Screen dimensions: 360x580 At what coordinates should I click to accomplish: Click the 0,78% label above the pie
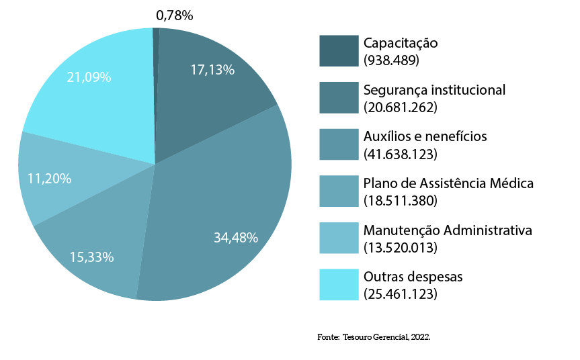pyautogui.click(x=174, y=15)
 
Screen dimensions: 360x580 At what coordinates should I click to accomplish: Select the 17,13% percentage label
pyautogui.click(x=212, y=69)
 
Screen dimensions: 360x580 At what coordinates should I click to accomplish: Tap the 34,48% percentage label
pyautogui.click(x=236, y=237)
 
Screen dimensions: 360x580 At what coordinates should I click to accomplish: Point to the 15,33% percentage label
pyautogui.click(x=91, y=257)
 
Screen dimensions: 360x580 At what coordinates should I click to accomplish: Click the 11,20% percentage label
pyautogui.click(x=49, y=179)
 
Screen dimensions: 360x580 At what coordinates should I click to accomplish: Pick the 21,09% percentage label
pyautogui.click(x=89, y=77)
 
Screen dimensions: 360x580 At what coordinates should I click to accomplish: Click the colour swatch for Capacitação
pyautogui.click(x=339, y=51)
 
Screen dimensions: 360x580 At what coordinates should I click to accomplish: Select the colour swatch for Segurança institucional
pyautogui.click(x=339, y=98)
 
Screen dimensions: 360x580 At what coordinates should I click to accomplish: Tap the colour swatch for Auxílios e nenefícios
pyautogui.click(x=339, y=144)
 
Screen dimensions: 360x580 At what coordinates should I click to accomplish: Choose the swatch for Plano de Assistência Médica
pyautogui.click(x=339, y=191)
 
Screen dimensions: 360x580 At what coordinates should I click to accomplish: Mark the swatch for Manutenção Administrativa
pyautogui.click(x=339, y=238)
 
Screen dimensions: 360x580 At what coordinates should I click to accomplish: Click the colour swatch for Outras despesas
pyautogui.click(x=339, y=285)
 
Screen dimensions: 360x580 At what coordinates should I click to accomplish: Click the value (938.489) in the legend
pyautogui.click(x=391, y=60)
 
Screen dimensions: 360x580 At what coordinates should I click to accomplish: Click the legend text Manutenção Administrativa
pyautogui.click(x=448, y=230)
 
